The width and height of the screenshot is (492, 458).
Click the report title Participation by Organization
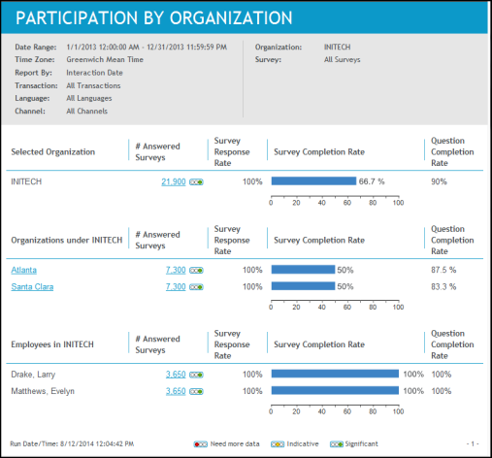(x=154, y=17)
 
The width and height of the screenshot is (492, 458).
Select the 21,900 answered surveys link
(x=174, y=181)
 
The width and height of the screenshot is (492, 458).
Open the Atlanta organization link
(x=24, y=270)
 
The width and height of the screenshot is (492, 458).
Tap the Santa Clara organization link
(x=32, y=287)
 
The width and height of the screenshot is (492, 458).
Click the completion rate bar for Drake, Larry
(x=335, y=374)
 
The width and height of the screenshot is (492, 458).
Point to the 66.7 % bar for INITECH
(x=313, y=180)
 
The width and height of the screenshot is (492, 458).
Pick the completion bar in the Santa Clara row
(x=303, y=286)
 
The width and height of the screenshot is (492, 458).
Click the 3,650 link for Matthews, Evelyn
(x=176, y=391)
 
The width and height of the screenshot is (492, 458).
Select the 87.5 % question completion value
(x=443, y=270)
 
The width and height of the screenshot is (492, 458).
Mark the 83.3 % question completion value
(x=443, y=286)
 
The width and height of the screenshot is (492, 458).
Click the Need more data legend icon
(x=201, y=444)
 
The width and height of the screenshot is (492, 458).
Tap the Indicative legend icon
(x=278, y=444)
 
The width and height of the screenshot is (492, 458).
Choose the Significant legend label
(x=361, y=443)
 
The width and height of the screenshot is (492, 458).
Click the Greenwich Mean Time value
(x=105, y=59)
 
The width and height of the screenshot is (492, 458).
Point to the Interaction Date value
(x=94, y=73)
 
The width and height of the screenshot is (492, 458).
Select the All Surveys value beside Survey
(x=343, y=59)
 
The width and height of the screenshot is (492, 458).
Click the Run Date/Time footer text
(x=72, y=443)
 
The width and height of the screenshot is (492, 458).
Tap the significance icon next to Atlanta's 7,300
(x=196, y=271)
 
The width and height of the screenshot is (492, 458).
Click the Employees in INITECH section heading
(x=52, y=344)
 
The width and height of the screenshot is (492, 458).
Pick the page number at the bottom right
(x=473, y=443)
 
